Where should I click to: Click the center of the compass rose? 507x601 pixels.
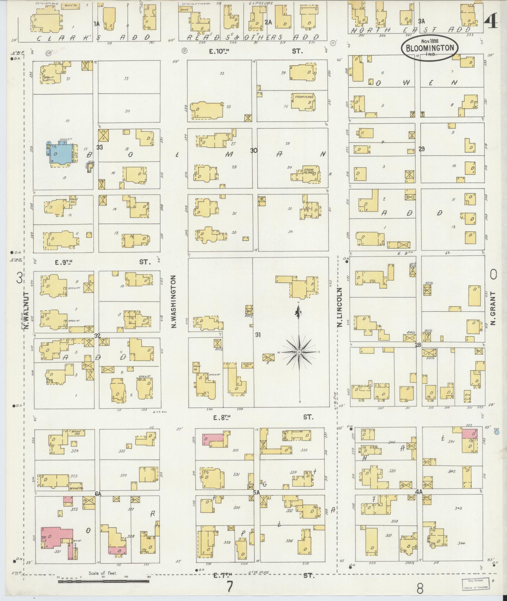(299, 352)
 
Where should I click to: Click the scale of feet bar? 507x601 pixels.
(104, 582)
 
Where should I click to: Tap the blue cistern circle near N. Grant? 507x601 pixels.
(497, 432)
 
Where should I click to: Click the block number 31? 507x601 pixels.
(258, 335)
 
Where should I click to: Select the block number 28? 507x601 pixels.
(418, 345)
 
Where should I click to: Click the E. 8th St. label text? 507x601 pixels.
(223, 417)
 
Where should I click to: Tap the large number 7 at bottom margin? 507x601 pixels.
(230, 587)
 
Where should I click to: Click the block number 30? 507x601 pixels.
(254, 151)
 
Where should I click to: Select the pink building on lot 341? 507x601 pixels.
(469, 434)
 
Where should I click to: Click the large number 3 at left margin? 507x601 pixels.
(19, 278)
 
